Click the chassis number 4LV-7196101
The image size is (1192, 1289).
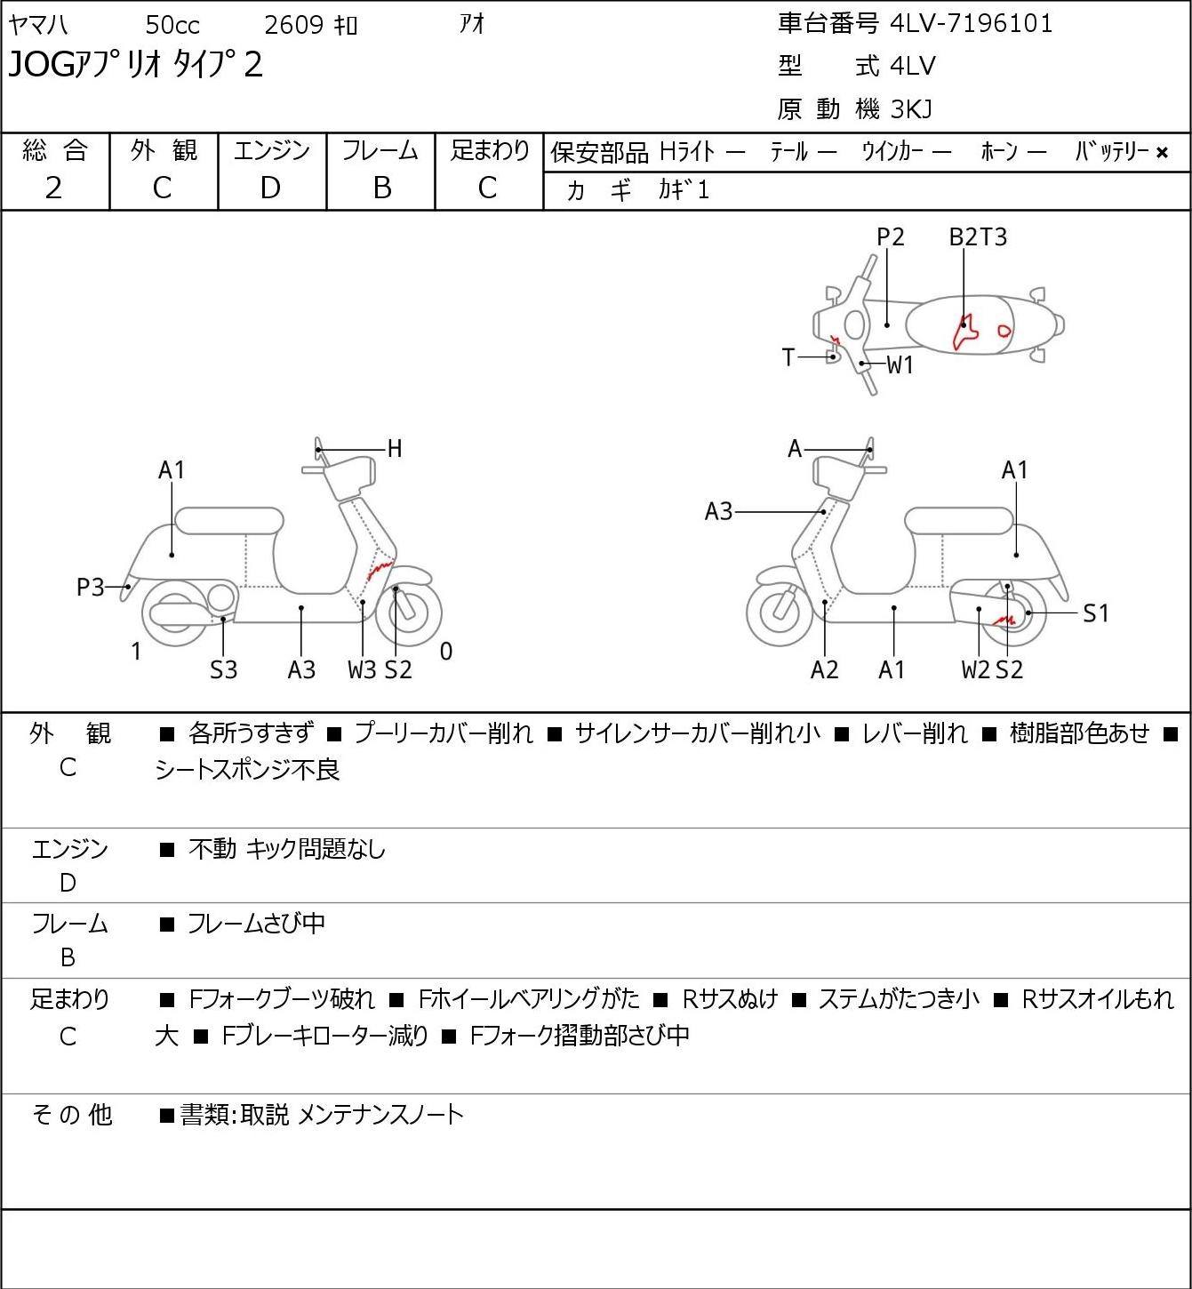click(972, 24)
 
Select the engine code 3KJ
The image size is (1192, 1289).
click(911, 109)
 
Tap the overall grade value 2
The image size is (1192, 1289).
click(54, 188)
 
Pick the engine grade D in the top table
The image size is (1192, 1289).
click(271, 188)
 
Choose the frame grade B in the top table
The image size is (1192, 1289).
click(382, 188)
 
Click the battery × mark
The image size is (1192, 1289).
click(1162, 153)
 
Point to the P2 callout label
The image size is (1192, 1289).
click(890, 236)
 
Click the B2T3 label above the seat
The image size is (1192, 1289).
click(978, 236)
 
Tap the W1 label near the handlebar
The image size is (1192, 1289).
click(900, 365)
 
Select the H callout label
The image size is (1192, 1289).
click(395, 449)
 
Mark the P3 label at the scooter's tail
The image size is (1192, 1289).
click(91, 588)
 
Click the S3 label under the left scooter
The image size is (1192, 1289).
click(223, 669)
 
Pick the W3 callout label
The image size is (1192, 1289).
click(363, 669)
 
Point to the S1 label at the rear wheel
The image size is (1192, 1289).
click(1096, 613)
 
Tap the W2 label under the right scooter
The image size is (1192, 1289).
click(976, 669)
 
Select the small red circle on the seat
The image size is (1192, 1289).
click(1004, 331)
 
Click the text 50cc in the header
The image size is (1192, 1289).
click(172, 25)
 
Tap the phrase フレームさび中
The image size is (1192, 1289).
click(256, 924)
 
